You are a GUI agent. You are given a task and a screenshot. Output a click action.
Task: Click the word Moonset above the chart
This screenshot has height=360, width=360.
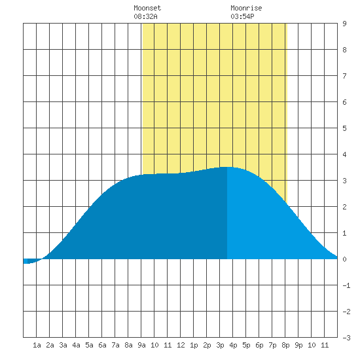(147, 8)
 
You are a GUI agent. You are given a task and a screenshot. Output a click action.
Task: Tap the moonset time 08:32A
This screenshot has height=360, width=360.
(145, 16)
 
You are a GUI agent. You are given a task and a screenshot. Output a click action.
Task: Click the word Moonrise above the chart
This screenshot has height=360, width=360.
(246, 8)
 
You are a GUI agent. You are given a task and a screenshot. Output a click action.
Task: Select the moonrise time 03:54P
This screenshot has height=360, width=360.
(242, 16)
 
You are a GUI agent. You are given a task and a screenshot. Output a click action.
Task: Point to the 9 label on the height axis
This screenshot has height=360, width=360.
(344, 24)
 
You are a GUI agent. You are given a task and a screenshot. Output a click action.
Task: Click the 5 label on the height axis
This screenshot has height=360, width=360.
(344, 128)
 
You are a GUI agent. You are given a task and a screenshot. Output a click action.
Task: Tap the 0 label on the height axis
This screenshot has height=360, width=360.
(344, 259)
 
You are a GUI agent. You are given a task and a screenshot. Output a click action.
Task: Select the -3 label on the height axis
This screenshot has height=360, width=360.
(346, 338)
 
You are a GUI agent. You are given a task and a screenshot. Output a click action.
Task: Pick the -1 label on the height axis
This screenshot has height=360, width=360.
(346, 285)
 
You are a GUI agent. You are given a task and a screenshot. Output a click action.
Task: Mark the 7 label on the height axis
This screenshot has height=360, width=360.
(344, 76)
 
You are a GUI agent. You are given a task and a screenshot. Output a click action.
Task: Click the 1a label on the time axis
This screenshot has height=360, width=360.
(37, 345)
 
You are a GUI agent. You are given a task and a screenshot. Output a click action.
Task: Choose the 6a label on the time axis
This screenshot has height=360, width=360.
(102, 345)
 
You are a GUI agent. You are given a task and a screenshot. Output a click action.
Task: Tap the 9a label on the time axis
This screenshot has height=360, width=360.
(141, 345)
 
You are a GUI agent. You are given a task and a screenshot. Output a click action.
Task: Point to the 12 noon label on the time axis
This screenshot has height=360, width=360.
(181, 345)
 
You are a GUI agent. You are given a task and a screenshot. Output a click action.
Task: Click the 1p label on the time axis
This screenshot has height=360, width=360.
(194, 345)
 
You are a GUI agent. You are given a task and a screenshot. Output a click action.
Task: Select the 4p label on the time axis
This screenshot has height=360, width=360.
(233, 345)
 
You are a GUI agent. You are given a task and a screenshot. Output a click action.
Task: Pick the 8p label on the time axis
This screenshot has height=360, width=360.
(285, 345)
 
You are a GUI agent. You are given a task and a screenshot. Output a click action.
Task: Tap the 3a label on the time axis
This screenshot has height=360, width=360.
(63, 345)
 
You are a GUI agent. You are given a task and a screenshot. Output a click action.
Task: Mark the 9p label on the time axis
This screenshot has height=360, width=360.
(298, 345)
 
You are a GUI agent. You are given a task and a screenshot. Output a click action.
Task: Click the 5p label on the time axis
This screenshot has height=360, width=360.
(246, 345)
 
